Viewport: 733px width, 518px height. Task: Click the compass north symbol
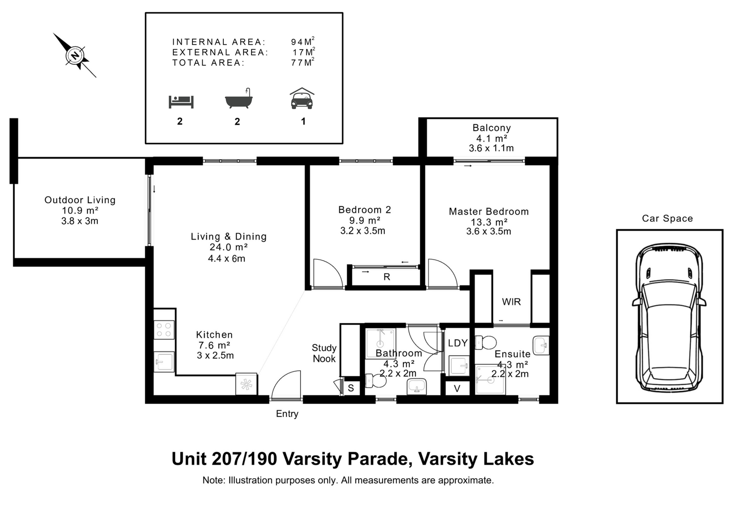(x=75, y=55)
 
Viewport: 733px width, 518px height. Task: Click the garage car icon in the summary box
(x=302, y=98)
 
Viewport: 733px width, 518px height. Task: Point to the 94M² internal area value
(x=303, y=41)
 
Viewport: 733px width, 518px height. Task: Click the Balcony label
(x=492, y=128)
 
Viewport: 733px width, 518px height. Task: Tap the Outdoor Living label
(x=80, y=200)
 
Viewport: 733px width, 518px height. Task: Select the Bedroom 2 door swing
(x=328, y=274)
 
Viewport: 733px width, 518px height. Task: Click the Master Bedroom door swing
(x=442, y=274)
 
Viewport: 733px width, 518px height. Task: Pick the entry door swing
(x=286, y=385)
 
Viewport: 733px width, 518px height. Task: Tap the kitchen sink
(x=164, y=362)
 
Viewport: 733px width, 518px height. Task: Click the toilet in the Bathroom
(x=376, y=381)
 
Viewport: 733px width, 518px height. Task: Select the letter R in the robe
(x=387, y=277)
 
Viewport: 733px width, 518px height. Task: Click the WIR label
(x=511, y=302)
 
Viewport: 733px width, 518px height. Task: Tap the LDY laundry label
(x=458, y=343)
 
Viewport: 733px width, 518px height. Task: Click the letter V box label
(x=457, y=388)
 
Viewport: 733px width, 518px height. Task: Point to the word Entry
(x=287, y=414)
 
